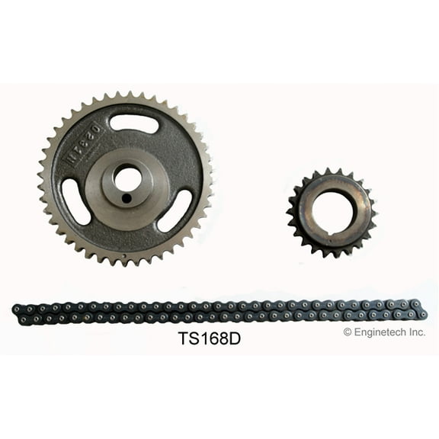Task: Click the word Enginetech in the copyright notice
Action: pyautogui.click(x=383, y=332)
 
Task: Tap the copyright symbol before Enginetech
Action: pyautogui.click(x=348, y=332)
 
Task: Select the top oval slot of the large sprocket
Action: pyautogui.click(x=133, y=123)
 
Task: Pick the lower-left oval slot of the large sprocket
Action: pyautogui.click(x=76, y=201)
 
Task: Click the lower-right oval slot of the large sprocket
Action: pyautogui.click(x=175, y=210)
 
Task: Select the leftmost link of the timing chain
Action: pyautogui.click(x=18, y=309)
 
